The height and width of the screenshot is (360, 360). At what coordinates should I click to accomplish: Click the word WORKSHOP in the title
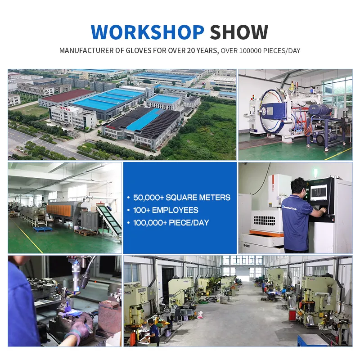coord(147,32)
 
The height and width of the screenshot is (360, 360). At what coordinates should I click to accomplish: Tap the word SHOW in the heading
coord(239,32)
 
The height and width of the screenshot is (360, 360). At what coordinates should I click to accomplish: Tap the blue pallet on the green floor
coord(43,229)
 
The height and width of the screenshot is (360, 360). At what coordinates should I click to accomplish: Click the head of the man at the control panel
coord(298,186)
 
